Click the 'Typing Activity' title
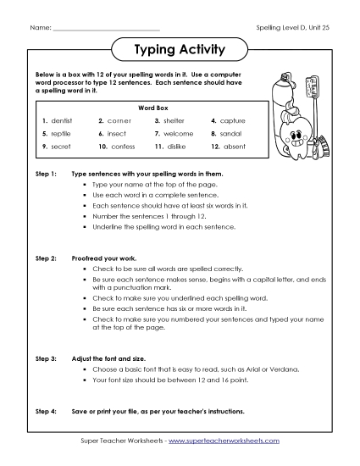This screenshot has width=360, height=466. click(180, 50)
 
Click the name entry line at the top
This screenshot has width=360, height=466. click(106, 29)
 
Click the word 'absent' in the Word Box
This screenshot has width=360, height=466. click(230, 147)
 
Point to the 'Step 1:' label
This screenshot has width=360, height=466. click(47, 173)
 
